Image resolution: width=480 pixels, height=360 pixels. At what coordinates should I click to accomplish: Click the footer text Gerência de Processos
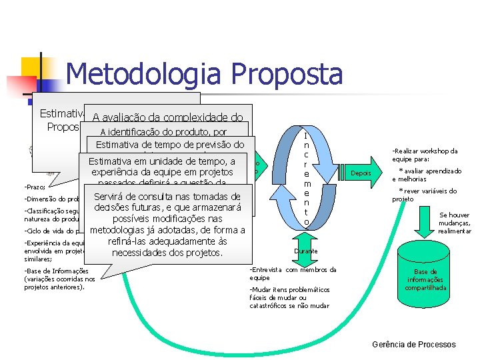413,344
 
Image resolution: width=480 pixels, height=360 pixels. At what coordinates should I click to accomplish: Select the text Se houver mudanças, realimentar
455,223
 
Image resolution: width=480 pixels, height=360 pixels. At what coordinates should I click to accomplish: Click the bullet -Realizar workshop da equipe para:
424,155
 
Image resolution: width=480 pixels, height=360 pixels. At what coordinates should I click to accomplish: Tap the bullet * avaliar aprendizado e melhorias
426,175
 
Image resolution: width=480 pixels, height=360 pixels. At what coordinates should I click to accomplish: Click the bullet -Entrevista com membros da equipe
291,273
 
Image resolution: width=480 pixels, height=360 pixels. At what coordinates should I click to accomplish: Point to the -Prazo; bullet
34,187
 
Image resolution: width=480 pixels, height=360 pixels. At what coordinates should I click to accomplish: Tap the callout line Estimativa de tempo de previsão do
170,145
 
